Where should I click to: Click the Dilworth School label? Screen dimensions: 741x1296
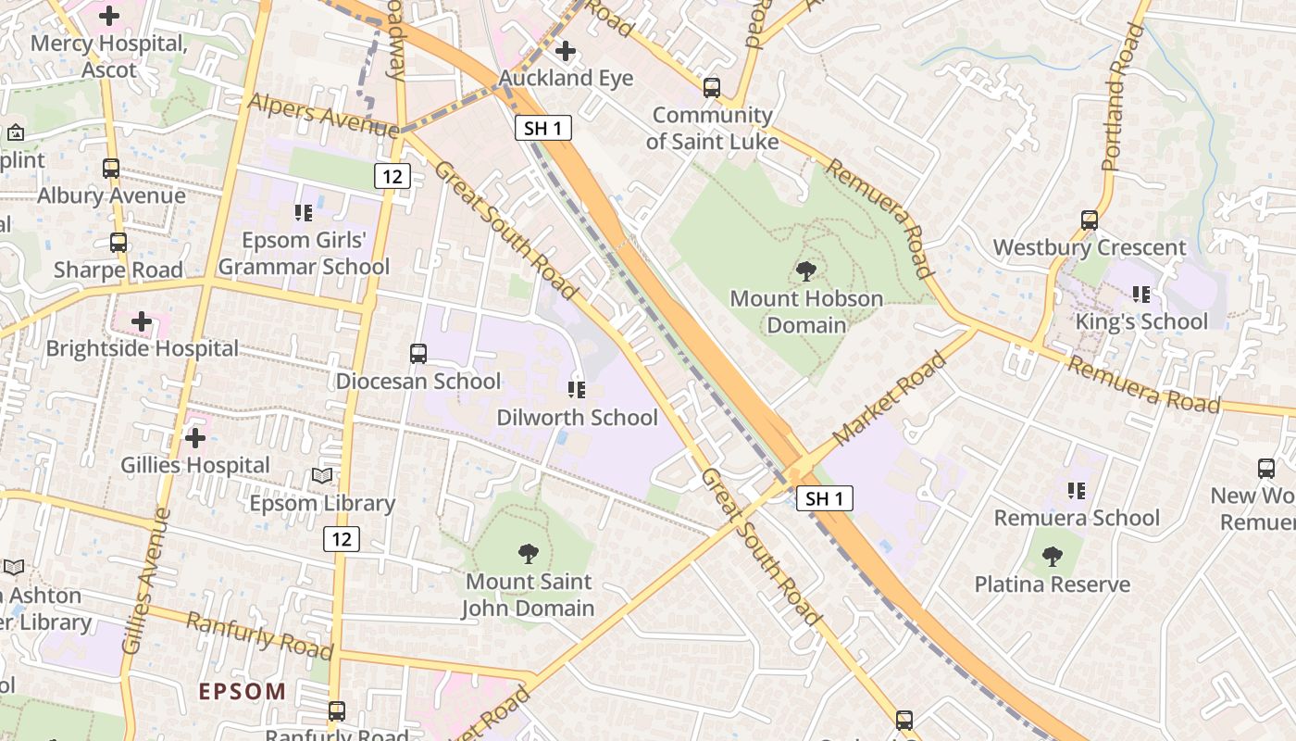577,418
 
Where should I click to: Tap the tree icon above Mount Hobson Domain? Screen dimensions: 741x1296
805,271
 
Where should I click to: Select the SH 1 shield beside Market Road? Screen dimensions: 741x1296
824,498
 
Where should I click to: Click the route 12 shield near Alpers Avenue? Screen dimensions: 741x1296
393,175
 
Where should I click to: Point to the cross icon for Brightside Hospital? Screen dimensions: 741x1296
142,321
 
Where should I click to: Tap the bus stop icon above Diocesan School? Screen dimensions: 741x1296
418,353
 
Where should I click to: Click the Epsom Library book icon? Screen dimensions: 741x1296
321,476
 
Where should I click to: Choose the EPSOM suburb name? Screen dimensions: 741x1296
243,691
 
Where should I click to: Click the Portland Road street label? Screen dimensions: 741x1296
1124,97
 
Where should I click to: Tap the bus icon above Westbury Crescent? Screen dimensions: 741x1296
1090,220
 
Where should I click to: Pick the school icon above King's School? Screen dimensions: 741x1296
1141,295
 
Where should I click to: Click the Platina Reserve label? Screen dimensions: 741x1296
1053,584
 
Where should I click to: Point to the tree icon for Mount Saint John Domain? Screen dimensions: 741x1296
528,554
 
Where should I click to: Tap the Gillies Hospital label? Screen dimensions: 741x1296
195,465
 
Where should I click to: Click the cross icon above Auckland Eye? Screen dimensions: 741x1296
565,51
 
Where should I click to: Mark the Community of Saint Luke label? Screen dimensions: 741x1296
712,128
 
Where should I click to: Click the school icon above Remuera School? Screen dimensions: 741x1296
1076,489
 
